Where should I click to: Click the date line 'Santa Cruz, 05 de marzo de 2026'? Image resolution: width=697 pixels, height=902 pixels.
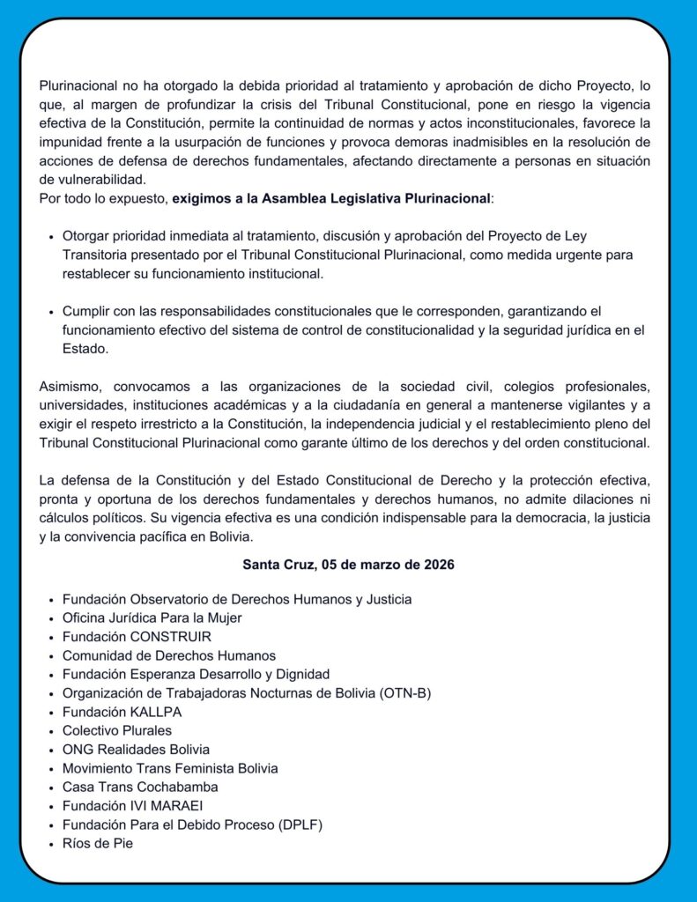348,565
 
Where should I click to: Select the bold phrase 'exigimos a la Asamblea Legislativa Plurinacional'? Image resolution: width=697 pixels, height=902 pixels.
330,198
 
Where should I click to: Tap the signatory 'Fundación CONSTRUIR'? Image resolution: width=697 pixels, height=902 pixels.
137,637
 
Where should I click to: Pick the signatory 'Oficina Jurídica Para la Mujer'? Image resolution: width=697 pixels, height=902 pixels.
152,618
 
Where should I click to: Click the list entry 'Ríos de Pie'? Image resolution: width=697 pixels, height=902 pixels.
97,843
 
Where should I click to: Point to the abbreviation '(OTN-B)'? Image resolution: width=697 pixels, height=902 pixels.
406,693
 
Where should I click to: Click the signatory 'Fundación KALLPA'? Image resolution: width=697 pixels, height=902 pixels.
122,712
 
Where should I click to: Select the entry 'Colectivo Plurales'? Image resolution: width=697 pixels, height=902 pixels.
117,730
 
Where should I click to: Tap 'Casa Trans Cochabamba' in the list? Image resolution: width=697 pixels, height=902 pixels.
140,787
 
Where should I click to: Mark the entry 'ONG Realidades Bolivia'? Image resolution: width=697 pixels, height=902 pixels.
136,750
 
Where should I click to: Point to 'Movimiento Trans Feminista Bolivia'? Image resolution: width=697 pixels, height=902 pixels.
170,768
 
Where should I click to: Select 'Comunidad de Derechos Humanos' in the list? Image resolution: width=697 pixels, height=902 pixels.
169,655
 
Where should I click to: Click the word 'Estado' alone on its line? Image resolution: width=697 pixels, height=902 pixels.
84,348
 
